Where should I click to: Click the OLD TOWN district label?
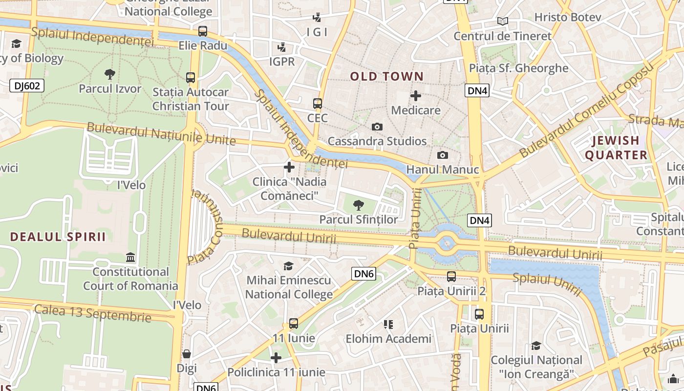pos(386,76)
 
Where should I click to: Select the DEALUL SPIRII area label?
pos(58,237)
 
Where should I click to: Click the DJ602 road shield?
pos(27,86)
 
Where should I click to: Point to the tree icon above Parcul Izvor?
pos(110,74)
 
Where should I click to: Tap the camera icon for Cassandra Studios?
pos(377,127)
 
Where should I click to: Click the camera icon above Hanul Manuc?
pos(442,155)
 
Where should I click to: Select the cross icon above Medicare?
pos(416,96)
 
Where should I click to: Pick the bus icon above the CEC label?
pos(318,104)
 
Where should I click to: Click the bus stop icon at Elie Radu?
pos(203,31)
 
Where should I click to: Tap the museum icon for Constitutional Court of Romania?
pos(130,257)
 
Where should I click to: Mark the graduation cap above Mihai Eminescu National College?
pos(289,266)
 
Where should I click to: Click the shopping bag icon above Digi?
pos(187,354)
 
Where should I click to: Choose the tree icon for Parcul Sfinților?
pos(359,205)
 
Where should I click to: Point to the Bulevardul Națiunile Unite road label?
pos(161,134)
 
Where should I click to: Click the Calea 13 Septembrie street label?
pos(92,313)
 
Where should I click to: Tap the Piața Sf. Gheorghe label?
pos(518,68)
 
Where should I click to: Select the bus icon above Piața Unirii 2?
pos(451,277)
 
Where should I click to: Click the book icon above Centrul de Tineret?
pos(502,21)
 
